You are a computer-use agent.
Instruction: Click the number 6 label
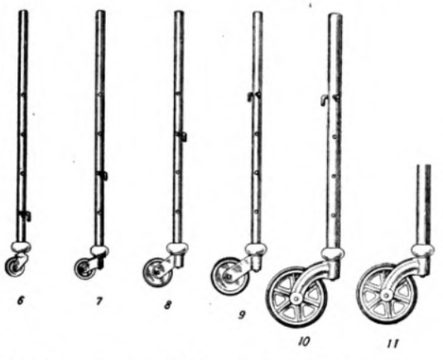(x=21, y=300)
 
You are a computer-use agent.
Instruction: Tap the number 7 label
(x=99, y=301)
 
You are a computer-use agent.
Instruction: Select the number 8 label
(x=167, y=305)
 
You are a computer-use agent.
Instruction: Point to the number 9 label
(x=242, y=314)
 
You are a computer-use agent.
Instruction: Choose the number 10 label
(x=304, y=342)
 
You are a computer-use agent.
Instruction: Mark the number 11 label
(x=393, y=343)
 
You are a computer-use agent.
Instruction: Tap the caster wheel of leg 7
(x=85, y=268)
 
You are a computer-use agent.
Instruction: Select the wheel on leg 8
(x=157, y=272)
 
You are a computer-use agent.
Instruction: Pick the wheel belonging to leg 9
(x=229, y=276)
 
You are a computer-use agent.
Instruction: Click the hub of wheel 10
(x=296, y=298)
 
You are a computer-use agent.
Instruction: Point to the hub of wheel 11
(x=385, y=295)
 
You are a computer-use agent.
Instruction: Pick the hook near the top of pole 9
(x=253, y=97)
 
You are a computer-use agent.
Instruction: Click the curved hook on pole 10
(x=325, y=100)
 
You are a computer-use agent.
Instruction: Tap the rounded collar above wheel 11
(x=422, y=250)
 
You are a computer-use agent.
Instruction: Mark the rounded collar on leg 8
(x=177, y=248)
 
